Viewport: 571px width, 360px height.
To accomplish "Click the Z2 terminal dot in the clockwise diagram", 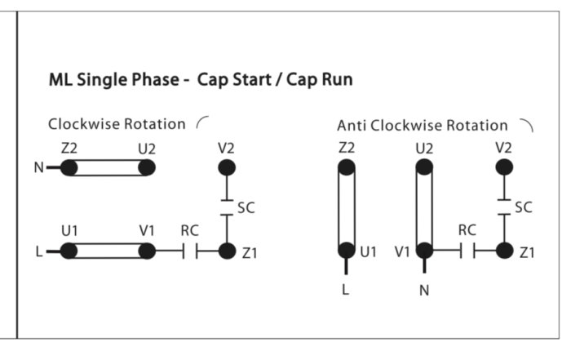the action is pos(69,168).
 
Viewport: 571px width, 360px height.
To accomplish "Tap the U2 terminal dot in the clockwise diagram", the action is pos(147,168).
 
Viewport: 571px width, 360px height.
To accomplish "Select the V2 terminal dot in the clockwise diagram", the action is pos(227,167).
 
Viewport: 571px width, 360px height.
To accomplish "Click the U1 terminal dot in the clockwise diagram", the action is pos(69,251).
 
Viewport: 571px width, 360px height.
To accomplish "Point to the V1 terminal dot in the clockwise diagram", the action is pos(147,251).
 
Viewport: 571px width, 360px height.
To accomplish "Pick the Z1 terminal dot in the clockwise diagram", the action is pos(228,251).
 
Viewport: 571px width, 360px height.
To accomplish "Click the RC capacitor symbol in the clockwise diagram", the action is pos(190,251).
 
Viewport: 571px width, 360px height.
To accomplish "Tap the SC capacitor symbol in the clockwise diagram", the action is pos(227,207).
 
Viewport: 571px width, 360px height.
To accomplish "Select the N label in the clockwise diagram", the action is pos(38,167).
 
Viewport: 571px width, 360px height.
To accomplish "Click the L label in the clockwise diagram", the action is pos(39,251).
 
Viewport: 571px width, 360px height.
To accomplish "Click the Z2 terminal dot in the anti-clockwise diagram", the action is pos(347,167).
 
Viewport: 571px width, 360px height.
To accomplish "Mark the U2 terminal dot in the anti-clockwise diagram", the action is pos(425,167).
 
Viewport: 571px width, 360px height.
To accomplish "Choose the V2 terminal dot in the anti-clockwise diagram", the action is pos(504,167).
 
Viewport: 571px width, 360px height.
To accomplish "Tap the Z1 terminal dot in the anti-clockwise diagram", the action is pos(505,251).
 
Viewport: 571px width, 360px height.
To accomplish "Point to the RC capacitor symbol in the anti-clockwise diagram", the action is pos(467,251).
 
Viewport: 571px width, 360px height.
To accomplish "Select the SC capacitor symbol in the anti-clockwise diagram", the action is pos(504,207).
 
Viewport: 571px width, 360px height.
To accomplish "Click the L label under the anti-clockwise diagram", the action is pos(346,290).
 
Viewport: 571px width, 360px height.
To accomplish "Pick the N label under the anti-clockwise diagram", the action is pos(424,291).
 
